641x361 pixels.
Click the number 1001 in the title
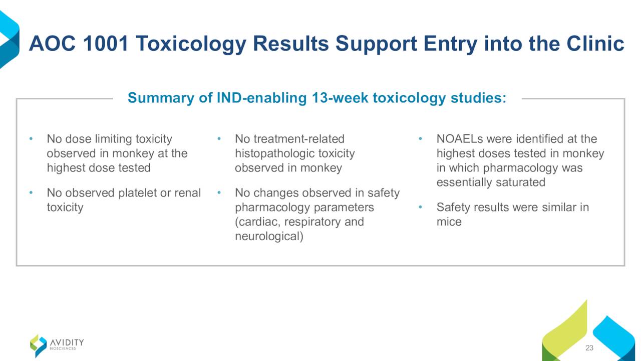coord(106,44)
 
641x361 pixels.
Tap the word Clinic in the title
coord(595,44)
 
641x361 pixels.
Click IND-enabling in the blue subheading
coord(261,98)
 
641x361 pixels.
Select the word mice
coord(449,222)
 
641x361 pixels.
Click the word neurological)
coord(269,237)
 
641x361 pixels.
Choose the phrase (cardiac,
coord(257,222)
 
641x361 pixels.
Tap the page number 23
coord(589,348)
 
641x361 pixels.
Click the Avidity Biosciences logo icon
coord(39,346)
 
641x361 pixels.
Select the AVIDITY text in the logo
coord(67,342)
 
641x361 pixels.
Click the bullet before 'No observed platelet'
coord(31,193)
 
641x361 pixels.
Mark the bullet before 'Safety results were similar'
coord(420,207)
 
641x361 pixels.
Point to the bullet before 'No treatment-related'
coord(219,139)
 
